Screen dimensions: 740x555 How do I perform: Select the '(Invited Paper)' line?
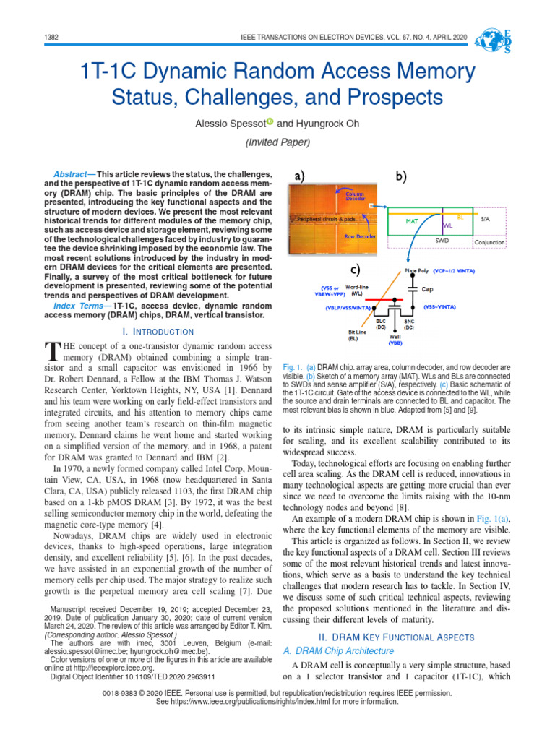tap(277, 142)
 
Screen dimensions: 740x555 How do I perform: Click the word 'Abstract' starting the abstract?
tap(71, 176)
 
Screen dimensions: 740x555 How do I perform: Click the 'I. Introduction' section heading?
tap(158, 332)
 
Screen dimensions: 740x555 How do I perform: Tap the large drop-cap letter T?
tap(51, 351)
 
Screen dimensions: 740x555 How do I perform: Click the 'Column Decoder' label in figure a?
tap(354, 197)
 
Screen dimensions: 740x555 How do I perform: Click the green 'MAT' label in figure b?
tap(411, 221)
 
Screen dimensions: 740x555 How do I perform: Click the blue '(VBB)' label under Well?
tap(395, 343)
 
